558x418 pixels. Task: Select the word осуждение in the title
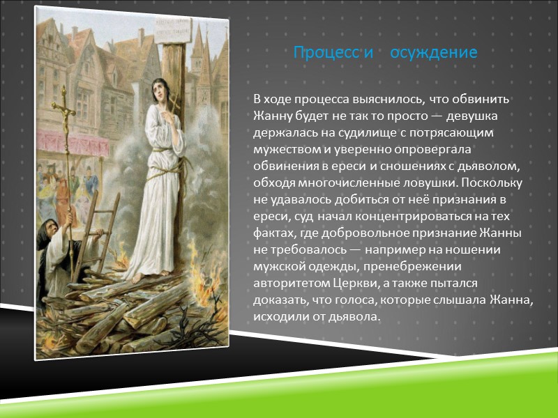pyautogui.click(x=433, y=53)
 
